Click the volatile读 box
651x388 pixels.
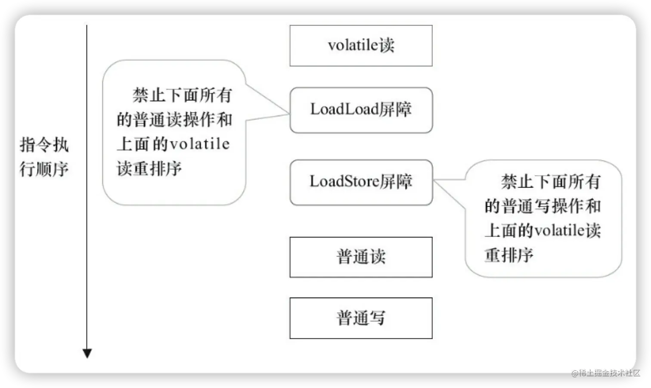tap(361, 46)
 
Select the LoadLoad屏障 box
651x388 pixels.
tap(361, 110)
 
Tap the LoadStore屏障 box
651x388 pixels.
tap(361, 182)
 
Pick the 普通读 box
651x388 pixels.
tap(361, 257)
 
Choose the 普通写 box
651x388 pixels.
tap(361, 318)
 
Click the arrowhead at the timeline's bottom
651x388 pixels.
tap(87, 354)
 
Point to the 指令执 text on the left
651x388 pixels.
tap(44, 145)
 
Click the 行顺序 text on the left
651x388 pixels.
tap(44, 169)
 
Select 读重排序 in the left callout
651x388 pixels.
tap(149, 168)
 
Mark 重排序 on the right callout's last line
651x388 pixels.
tap(509, 255)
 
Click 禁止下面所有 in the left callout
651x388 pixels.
tap(182, 95)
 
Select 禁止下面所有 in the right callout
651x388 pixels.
tap(551, 182)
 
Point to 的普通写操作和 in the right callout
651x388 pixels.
tap(542, 206)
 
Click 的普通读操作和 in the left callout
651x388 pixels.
tap(174, 120)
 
